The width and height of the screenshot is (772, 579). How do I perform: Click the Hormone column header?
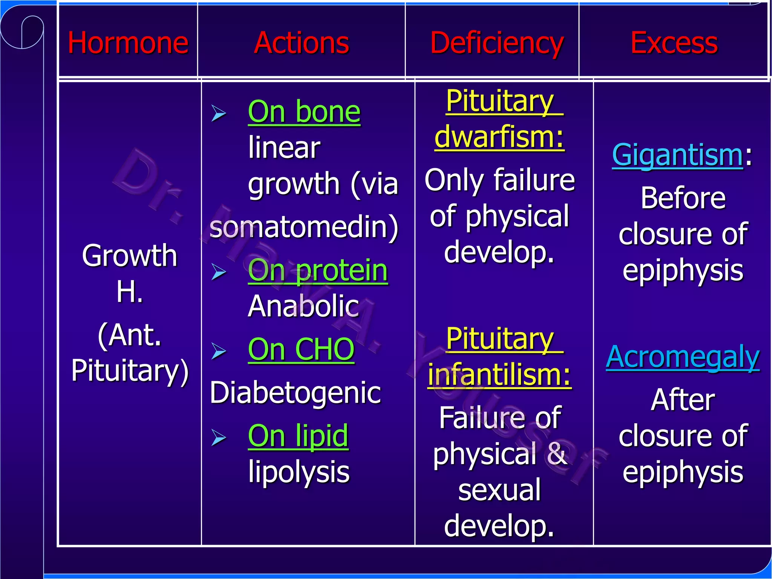tap(128, 43)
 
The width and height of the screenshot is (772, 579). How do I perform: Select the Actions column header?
tap(302, 43)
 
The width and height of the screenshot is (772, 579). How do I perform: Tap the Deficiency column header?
tap(497, 43)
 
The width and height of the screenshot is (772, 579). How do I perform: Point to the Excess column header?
tap(674, 43)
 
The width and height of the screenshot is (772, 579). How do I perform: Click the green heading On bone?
tap(304, 112)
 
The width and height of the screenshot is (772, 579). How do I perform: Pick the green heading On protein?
tap(318, 270)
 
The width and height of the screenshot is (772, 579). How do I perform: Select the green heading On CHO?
tap(301, 349)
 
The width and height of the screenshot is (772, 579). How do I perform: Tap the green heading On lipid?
tap(298, 436)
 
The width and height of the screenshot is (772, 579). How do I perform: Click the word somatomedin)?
tap(304, 227)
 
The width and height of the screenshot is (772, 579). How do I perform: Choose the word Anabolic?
tap(303, 306)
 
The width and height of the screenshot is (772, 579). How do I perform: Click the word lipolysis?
tap(299, 472)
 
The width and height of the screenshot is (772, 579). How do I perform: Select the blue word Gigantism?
tap(677, 155)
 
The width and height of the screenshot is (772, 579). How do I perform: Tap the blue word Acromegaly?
tap(683, 357)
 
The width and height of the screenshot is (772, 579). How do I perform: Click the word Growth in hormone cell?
tap(130, 256)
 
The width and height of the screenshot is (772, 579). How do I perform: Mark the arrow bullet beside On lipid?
tap(219, 438)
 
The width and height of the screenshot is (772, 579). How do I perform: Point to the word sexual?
tap(499, 490)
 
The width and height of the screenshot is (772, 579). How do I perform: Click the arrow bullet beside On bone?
tap(219, 113)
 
